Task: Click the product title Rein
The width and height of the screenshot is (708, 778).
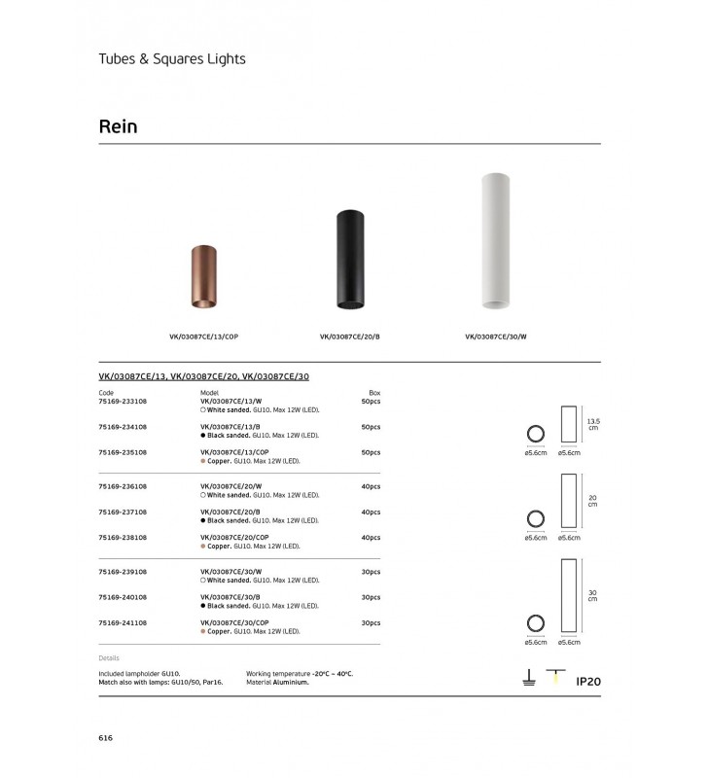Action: pyautogui.click(x=119, y=126)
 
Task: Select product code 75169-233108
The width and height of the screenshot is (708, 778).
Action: pyautogui.click(x=123, y=401)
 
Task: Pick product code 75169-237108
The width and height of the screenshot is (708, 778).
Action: pyautogui.click(x=123, y=512)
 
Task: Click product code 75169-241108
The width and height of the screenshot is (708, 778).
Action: pyautogui.click(x=123, y=622)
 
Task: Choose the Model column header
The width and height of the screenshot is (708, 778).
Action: pyautogui.click(x=209, y=392)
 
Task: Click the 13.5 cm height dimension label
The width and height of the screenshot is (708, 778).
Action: pyautogui.click(x=592, y=424)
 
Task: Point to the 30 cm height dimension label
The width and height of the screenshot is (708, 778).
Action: pyautogui.click(x=592, y=595)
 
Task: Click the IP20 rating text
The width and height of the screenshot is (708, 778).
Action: pyautogui.click(x=588, y=682)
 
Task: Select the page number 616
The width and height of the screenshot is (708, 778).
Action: pyautogui.click(x=106, y=738)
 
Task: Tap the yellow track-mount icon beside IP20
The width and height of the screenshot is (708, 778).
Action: pyautogui.click(x=556, y=679)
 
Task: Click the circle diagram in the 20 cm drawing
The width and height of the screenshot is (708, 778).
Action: pyautogui.click(x=535, y=519)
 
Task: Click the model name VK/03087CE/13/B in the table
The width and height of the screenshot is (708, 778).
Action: pyautogui.click(x=230, y=427)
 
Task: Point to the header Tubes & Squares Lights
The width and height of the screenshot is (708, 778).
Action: pyautogui.click(x=172, y=58)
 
